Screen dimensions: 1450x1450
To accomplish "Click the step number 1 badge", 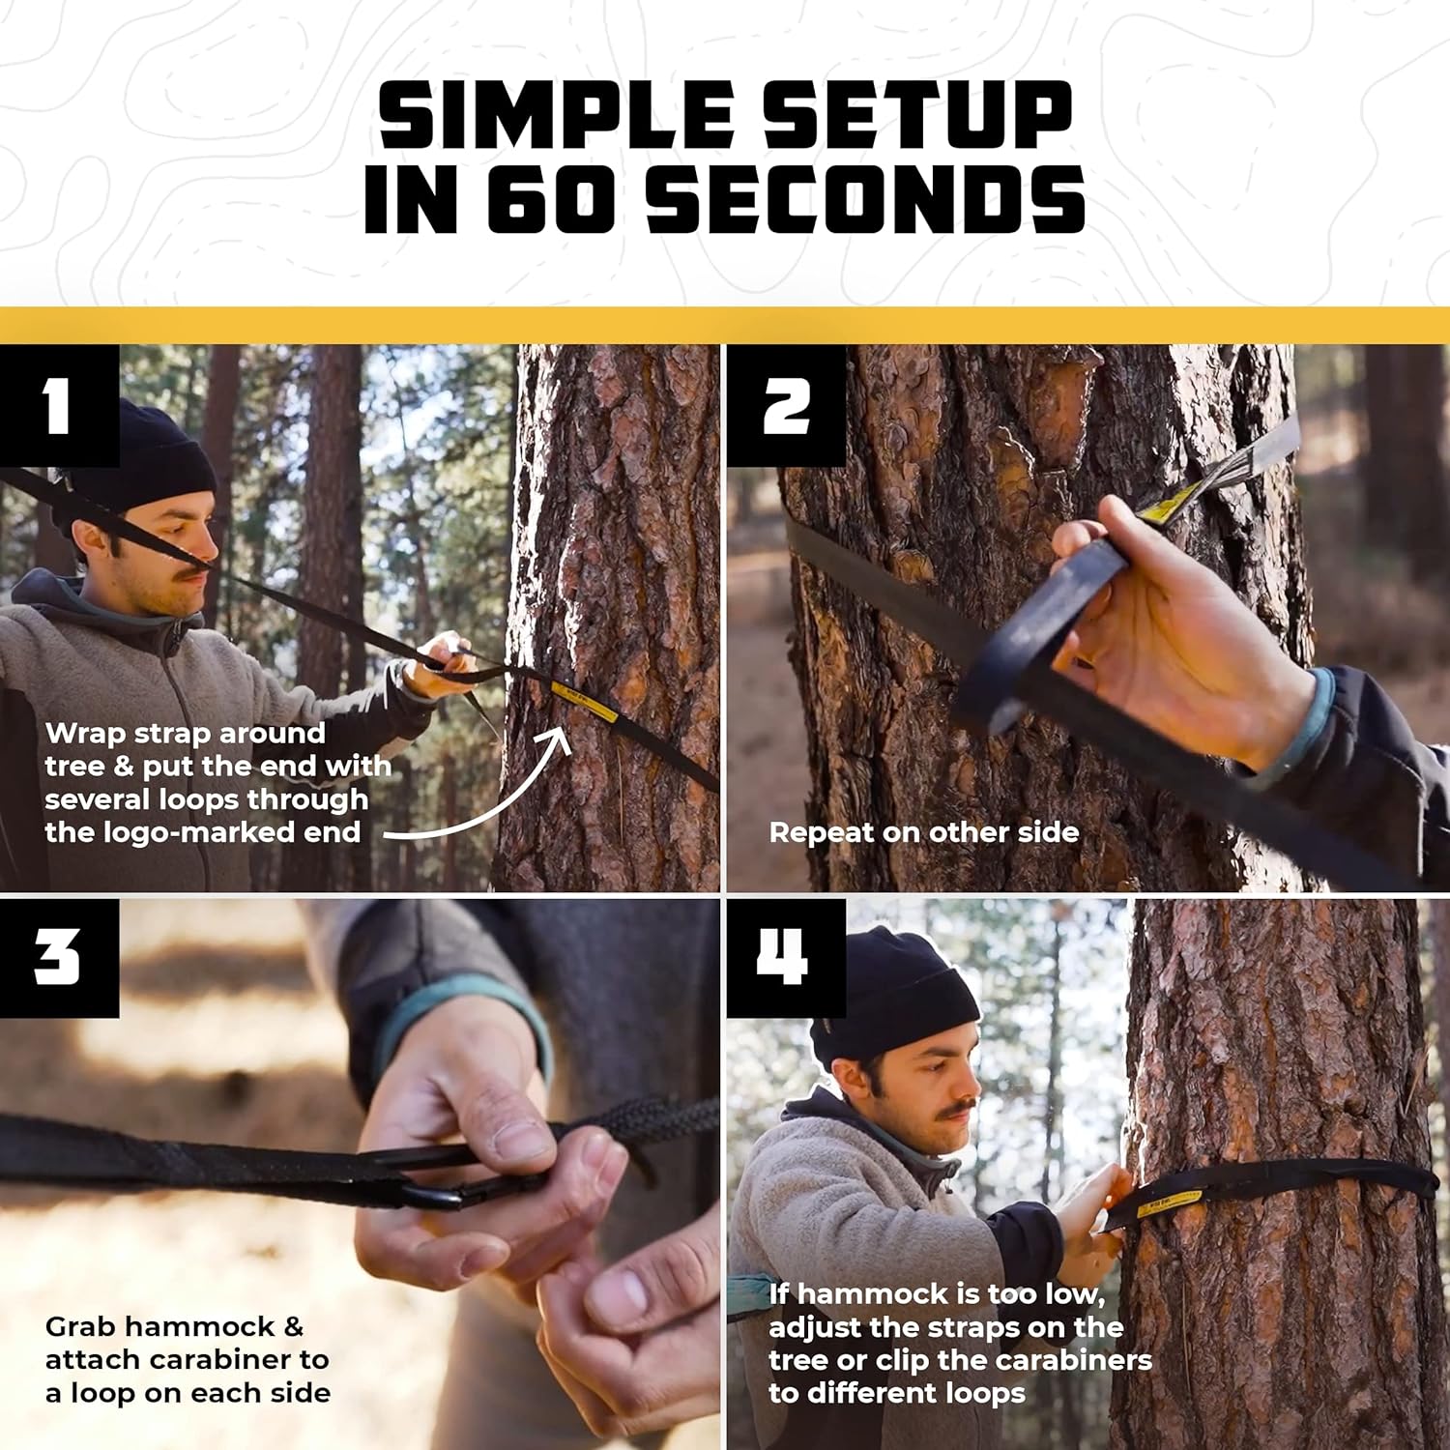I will coord(58,405).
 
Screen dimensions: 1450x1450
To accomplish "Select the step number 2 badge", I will coord(786,405).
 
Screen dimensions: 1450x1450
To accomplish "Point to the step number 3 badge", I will coord(58,958).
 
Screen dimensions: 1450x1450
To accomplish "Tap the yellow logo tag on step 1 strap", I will coord(584,700).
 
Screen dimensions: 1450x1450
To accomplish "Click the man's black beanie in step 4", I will coord(894,996).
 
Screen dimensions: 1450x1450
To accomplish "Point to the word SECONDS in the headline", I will coord(865,199).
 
